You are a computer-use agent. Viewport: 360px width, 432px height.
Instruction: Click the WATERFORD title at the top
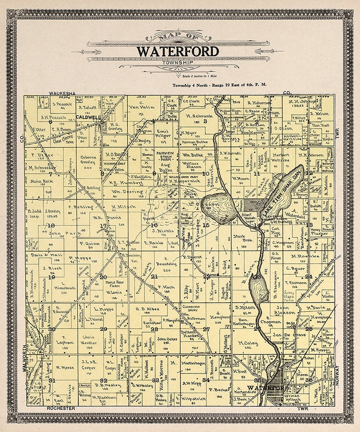click(178, 51)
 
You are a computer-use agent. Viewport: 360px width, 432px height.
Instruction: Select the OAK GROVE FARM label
click(58, 139)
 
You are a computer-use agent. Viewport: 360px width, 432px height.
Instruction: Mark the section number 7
click(51, 173)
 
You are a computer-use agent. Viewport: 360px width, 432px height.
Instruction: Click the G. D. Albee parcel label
click(144, 309)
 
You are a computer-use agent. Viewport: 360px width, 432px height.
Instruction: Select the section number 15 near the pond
click(206, 225)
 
